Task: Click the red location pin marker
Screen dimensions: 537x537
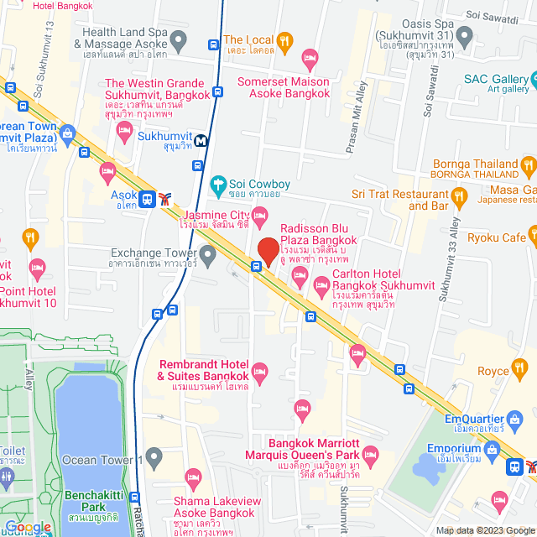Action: coord(268,251)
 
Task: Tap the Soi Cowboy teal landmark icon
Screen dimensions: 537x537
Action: coord(218,184)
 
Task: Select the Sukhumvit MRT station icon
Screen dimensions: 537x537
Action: coord(201,141)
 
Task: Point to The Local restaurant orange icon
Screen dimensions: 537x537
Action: coord(284,39)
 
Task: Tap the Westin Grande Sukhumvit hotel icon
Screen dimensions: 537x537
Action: coord(125,128)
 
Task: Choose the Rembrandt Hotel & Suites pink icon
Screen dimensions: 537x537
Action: coord(260,371)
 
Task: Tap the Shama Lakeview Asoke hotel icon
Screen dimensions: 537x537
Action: coord(194,481)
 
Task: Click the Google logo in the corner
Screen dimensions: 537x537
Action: coord(27,527)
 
